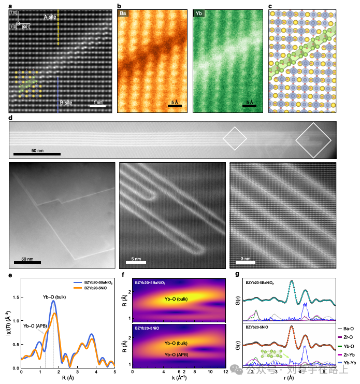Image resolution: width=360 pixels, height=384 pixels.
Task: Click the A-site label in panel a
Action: coord(50,17)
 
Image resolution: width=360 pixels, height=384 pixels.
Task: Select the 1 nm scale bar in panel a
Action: coord(97,105)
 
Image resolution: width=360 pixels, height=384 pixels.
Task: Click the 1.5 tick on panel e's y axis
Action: coord(16,298)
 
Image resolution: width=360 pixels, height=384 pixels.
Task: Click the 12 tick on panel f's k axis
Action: coord(225,372)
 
